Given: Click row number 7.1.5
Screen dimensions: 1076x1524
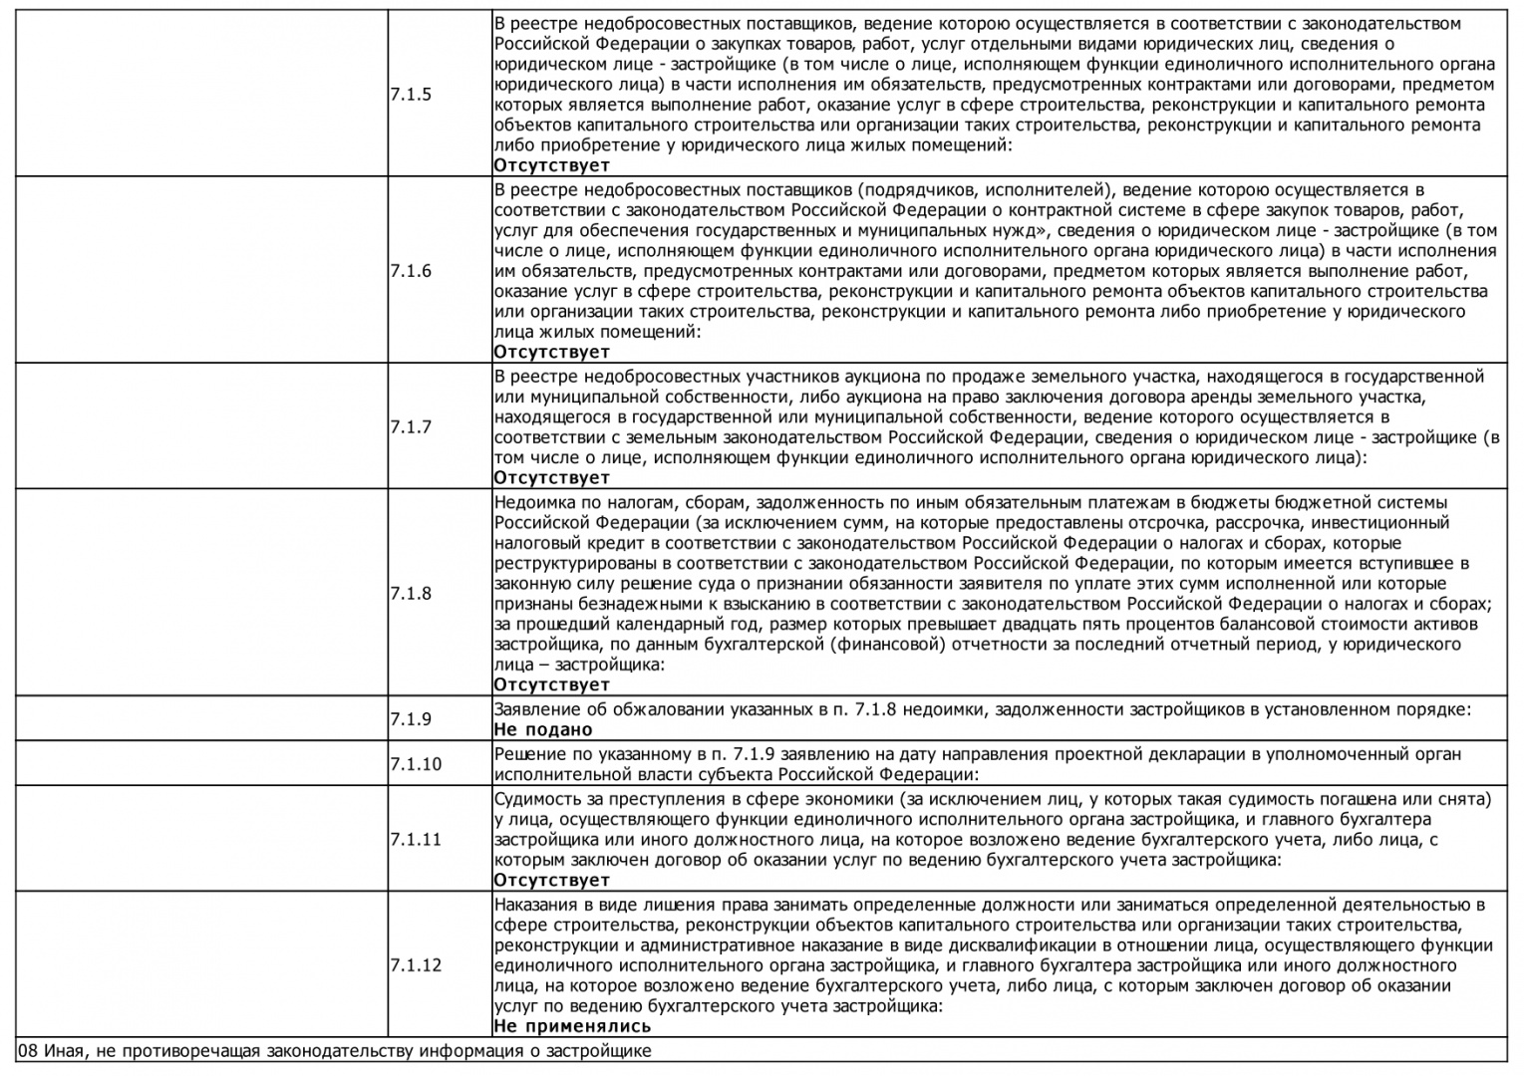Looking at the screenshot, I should tap(411, 95).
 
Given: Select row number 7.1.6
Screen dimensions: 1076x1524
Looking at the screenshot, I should tap(411, 271).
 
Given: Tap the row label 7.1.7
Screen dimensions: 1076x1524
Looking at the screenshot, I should tap(411, 426).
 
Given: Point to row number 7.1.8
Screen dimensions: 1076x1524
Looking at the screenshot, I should tap(411, 593).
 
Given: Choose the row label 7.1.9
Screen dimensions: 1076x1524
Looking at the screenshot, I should tap(411, 718).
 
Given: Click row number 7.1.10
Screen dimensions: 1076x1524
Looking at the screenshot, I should tap(416, 764).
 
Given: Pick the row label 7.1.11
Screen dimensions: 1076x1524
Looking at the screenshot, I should tap(416, 839).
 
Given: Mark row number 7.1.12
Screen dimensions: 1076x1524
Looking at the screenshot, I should tap(416, 964).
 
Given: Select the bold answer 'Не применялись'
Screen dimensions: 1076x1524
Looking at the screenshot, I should tap(572, 1026).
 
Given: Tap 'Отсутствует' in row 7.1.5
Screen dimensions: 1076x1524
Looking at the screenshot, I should tap(551, 165).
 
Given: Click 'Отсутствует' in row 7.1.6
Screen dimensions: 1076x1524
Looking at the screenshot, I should tap(551, 352).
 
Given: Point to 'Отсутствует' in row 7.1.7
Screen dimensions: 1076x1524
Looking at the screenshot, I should tap(551, 477).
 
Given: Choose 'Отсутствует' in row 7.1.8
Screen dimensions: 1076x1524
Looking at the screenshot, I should tap(551, 684).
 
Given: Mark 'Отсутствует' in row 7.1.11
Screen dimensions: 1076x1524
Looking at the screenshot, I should tap(551, 880).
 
